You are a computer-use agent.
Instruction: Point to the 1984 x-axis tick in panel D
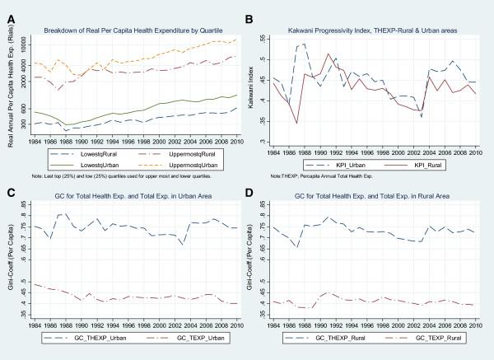pyautogui.click(x=274, y=325)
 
